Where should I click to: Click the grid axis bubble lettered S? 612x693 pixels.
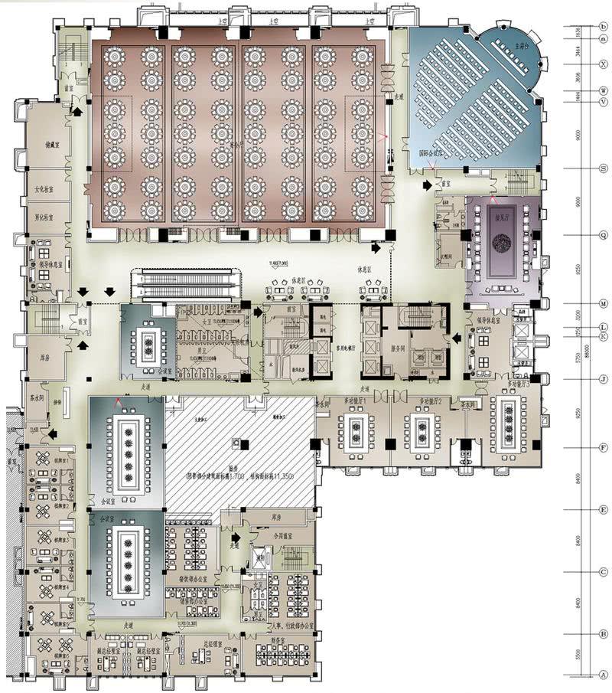(603, 169)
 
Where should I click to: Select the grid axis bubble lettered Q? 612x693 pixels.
(603, 236)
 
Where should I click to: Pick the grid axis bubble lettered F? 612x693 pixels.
(603, 448)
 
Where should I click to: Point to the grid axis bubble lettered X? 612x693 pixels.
(603, 64)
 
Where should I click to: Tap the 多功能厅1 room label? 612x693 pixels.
(354, 401)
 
